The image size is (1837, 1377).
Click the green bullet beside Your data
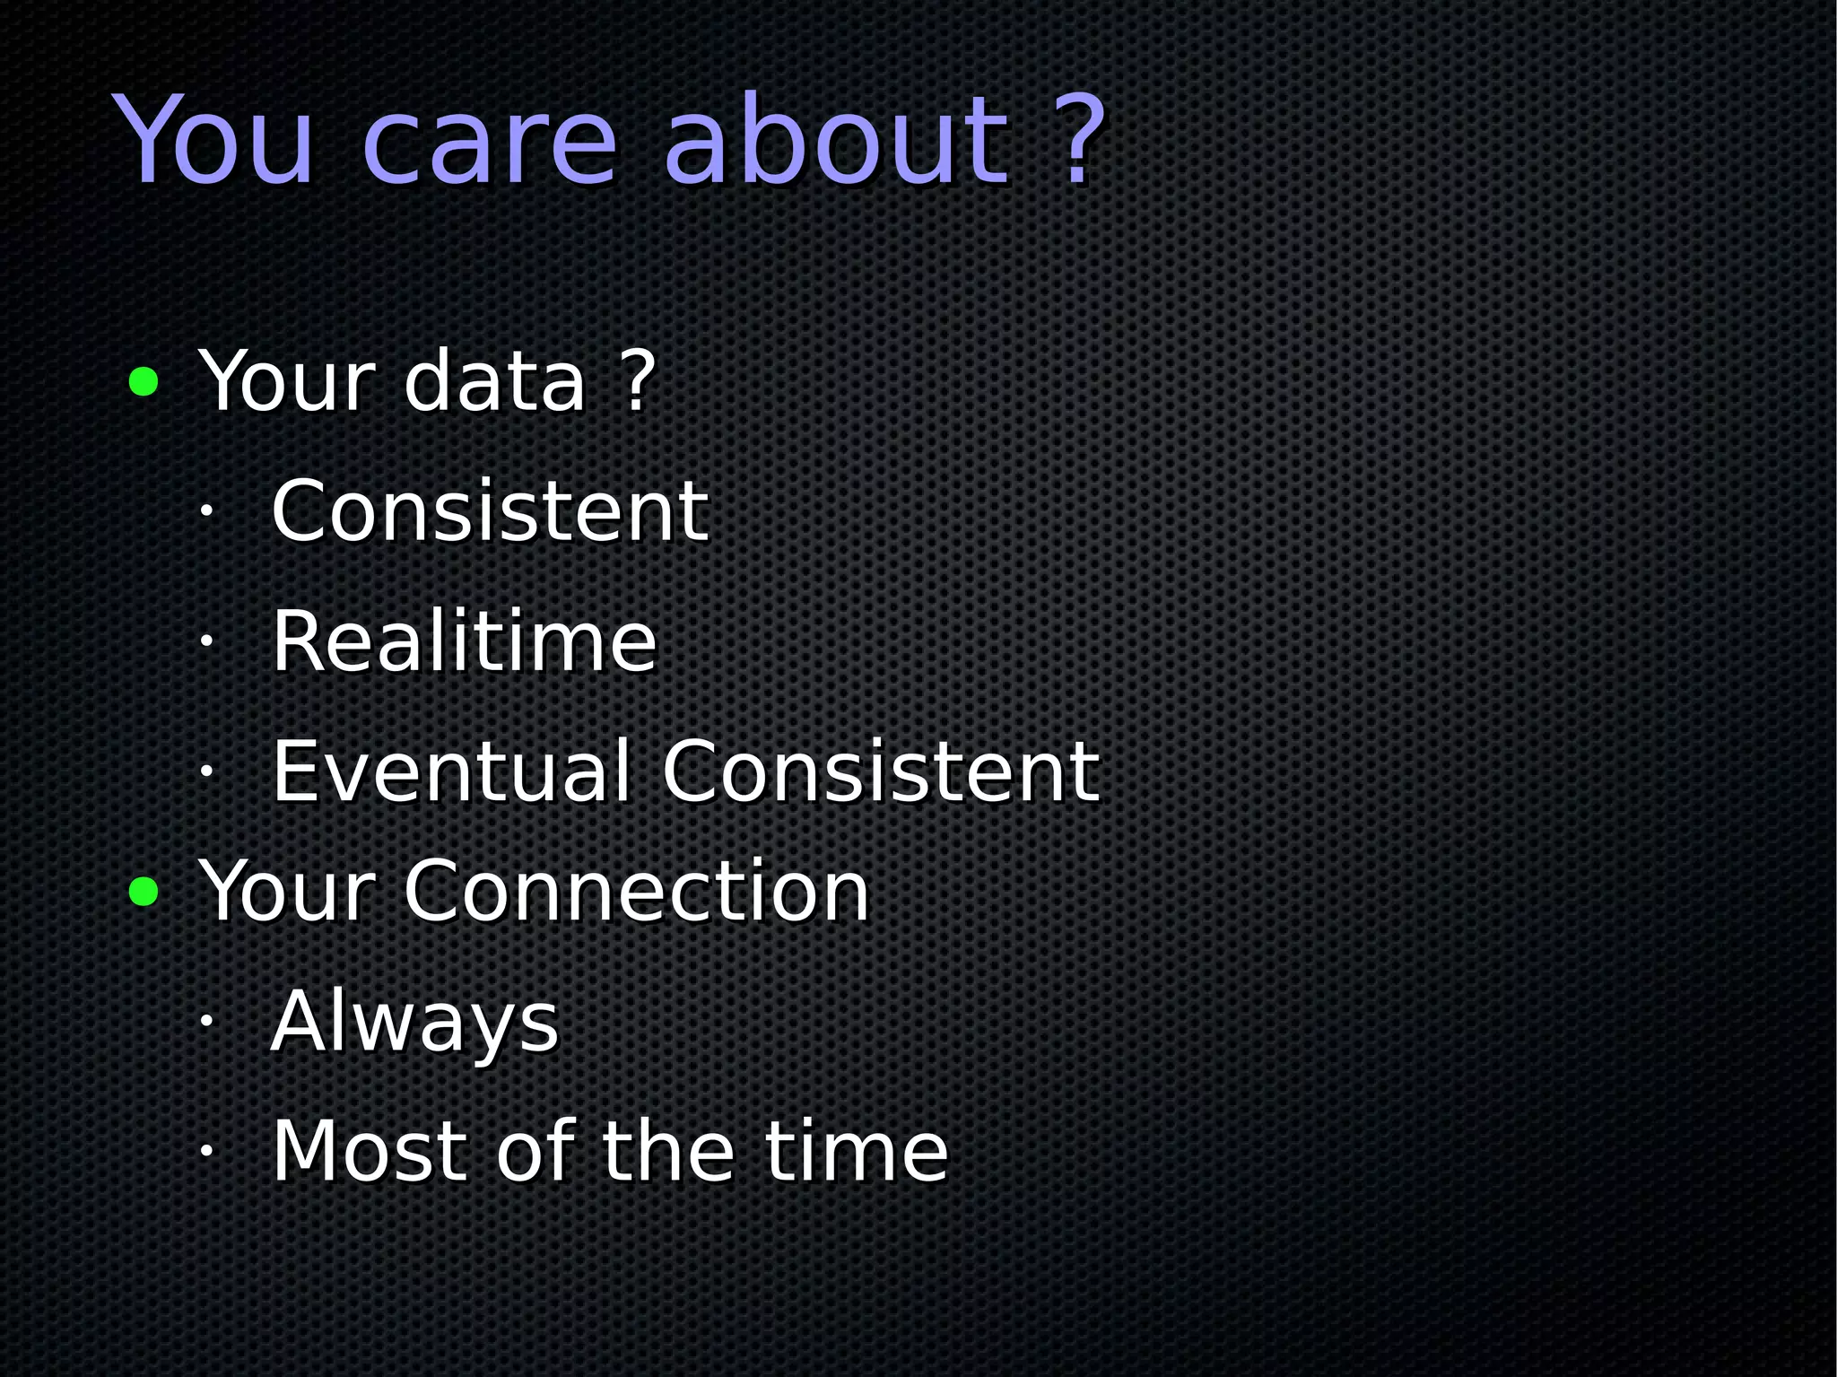(144, 382)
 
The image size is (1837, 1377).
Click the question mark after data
(638, 382)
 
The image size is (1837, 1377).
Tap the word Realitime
(464, 641)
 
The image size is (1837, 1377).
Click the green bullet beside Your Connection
(144, 892)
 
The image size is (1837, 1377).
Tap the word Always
(414, 1023)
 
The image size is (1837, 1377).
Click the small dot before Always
(205, 1021)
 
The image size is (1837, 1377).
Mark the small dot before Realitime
(205, 641)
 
